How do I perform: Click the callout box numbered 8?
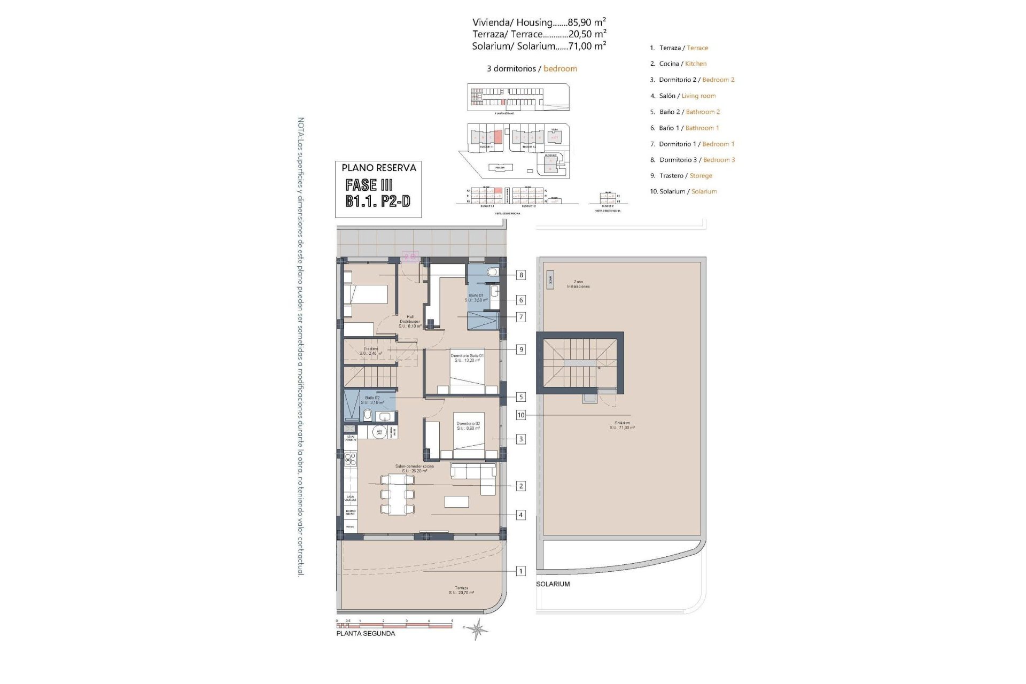click(520, 275)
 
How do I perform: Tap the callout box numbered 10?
click(520, 415)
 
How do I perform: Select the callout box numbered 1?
click(520, 571)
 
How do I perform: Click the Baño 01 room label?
click(476, 298)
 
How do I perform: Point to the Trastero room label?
click(371, 351)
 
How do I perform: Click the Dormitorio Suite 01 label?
click(467, 358)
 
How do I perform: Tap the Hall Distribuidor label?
click(410, 321)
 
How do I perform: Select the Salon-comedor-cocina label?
click(414, 469)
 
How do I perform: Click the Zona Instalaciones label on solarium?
click(578, 284)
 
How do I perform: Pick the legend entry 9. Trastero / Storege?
click(681, 175)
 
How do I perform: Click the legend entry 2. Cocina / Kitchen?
click(678, 64)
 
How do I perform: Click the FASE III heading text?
click(369, 185)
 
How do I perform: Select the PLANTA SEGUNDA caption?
click(366, 634)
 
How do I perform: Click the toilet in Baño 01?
click(493, 272)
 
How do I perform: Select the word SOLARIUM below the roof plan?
click(553, 584)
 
